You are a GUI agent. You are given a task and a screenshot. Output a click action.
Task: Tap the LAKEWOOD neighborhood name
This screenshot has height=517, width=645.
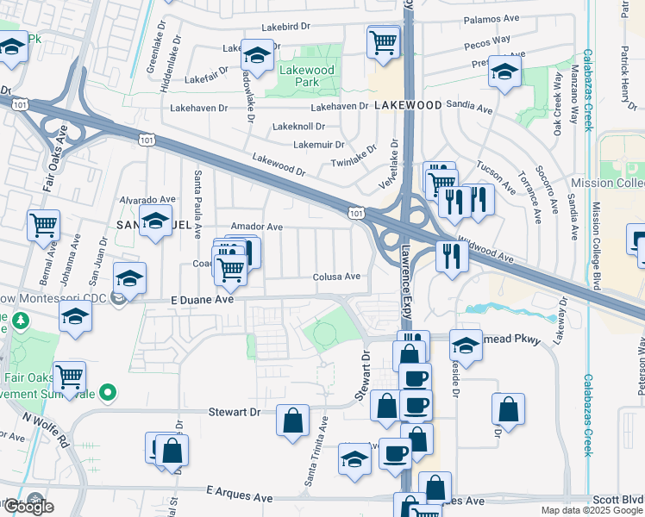pos(408,104)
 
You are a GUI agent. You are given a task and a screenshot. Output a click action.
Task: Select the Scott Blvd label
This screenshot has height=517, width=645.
pos(618,499)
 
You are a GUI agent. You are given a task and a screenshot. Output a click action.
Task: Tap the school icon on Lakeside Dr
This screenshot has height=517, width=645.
pos(466,346)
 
